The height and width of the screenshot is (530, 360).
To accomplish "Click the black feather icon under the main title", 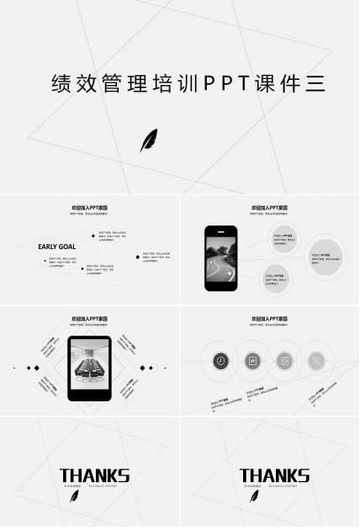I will [x=148, y=140].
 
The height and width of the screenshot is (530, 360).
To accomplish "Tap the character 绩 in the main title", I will [x=61, y=84].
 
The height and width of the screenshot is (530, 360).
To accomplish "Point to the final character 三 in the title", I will [x=315, y=84].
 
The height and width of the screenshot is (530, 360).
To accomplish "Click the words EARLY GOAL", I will [x=56, y=246].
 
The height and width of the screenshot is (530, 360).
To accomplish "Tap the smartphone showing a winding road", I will [x=221, y=258].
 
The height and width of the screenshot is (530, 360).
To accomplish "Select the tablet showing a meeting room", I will [x=89, y=368].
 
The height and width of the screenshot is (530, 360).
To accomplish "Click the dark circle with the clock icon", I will [x=220, y=361].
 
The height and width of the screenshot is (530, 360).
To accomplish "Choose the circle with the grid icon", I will [x=284, y=361].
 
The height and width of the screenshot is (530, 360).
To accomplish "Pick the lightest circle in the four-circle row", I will [x=315, y=361].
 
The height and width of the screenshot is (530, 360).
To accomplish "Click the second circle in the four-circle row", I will [x=251, y=361].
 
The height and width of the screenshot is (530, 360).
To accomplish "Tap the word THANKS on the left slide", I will [x=94, y=476].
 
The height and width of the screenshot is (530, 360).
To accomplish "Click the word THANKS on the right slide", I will [x=274, y=476].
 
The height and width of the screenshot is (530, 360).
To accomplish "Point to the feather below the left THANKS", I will [x=74, y=495].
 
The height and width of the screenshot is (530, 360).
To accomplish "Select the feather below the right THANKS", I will [x=254, y=495].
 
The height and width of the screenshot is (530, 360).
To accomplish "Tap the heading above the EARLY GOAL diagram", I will [x=89, y=207].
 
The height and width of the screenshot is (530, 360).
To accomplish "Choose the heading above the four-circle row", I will [x=269, y=319].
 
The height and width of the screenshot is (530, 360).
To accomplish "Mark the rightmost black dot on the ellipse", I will [x=139, y=257].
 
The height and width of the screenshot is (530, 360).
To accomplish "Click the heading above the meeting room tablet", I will [x=89, y=319].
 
